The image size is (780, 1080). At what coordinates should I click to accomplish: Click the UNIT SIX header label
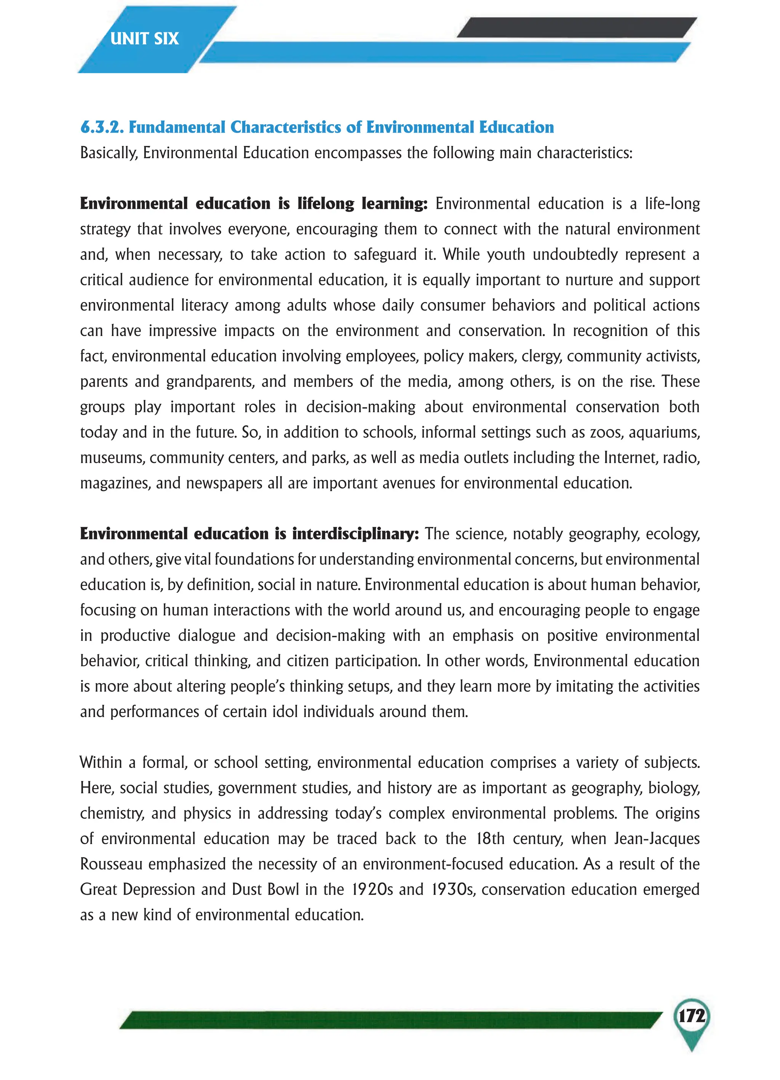pos(144,38)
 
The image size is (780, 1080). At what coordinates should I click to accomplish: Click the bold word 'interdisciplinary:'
pos(355,533)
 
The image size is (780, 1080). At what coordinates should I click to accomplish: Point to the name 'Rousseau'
pos(111,864)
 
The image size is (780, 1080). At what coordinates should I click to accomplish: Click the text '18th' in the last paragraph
pos(490,838)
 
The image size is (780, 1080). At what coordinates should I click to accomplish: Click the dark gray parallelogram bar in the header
pos(576,27)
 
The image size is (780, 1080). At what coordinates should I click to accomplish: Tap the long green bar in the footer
pos(390,1021)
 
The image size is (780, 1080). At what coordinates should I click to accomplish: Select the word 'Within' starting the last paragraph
pos(100,762)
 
